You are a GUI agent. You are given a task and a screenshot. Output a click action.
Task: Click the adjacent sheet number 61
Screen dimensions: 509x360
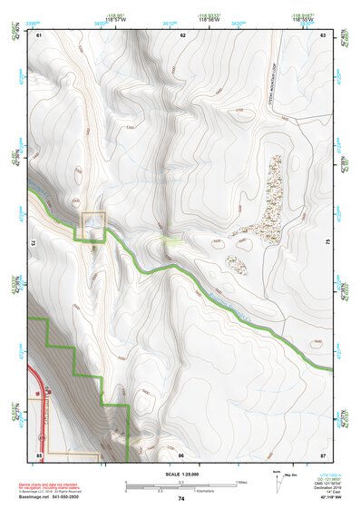[x=39, y=34]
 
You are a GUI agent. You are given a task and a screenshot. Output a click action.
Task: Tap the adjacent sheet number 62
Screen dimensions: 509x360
[x=182, y=34]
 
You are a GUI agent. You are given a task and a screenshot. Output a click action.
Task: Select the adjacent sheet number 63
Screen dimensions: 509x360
[x=323, y=34]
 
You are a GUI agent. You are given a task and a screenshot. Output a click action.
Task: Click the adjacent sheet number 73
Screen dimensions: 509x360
[x=34, y=244]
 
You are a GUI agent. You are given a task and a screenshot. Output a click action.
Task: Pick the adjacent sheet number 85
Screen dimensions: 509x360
[x=39, y=453]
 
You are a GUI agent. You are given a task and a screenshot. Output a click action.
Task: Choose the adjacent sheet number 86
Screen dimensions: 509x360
[x=181, y=453]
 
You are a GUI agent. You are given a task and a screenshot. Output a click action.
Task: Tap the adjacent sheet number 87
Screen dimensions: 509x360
[x=323, y=453]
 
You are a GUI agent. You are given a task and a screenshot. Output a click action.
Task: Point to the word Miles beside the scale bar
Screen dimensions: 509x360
[x=241, y=481]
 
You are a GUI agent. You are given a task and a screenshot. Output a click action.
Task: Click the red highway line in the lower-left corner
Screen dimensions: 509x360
[x=34, y=399]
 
